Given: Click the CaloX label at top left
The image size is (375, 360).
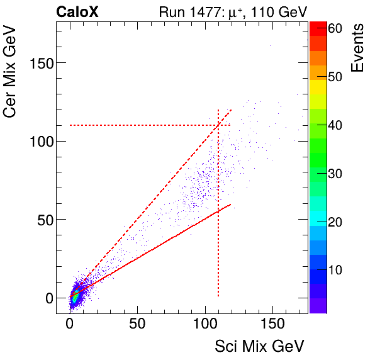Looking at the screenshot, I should (x=77, y=12).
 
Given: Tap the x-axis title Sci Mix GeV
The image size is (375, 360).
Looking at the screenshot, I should (x=260, y=346).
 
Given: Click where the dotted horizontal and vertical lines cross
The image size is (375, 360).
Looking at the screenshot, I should (x=218, y=125).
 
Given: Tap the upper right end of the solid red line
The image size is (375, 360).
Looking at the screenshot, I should (x=231, y=204).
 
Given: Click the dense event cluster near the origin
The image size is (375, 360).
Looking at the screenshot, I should (x=75, y=296).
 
